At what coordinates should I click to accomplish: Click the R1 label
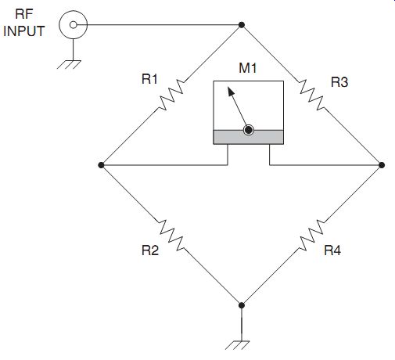[149, 79]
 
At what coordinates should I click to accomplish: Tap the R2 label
[150, 250]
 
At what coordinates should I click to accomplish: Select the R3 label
[339, 82]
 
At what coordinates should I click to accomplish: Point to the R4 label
[332, 250]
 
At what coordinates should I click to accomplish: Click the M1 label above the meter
[248, 68]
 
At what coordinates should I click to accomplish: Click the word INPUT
[24, 31]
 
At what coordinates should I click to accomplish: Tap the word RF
[24, 14]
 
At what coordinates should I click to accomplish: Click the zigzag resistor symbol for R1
[171, 95]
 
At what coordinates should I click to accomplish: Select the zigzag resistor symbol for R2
[171, 235]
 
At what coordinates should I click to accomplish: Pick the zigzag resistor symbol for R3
[312, 95]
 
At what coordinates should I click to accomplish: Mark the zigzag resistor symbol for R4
[312, 235]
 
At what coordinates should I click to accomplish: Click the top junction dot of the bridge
[242, 25]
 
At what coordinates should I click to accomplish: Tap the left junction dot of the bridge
[101, 165]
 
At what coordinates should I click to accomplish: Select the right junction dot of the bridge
[382, 165]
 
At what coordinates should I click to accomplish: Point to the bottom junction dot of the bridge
[242, 305]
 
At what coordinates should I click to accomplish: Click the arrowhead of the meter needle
[231, 92]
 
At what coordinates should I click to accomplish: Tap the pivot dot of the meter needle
[249, 130]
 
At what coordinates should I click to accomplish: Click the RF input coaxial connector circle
[74, 25]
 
